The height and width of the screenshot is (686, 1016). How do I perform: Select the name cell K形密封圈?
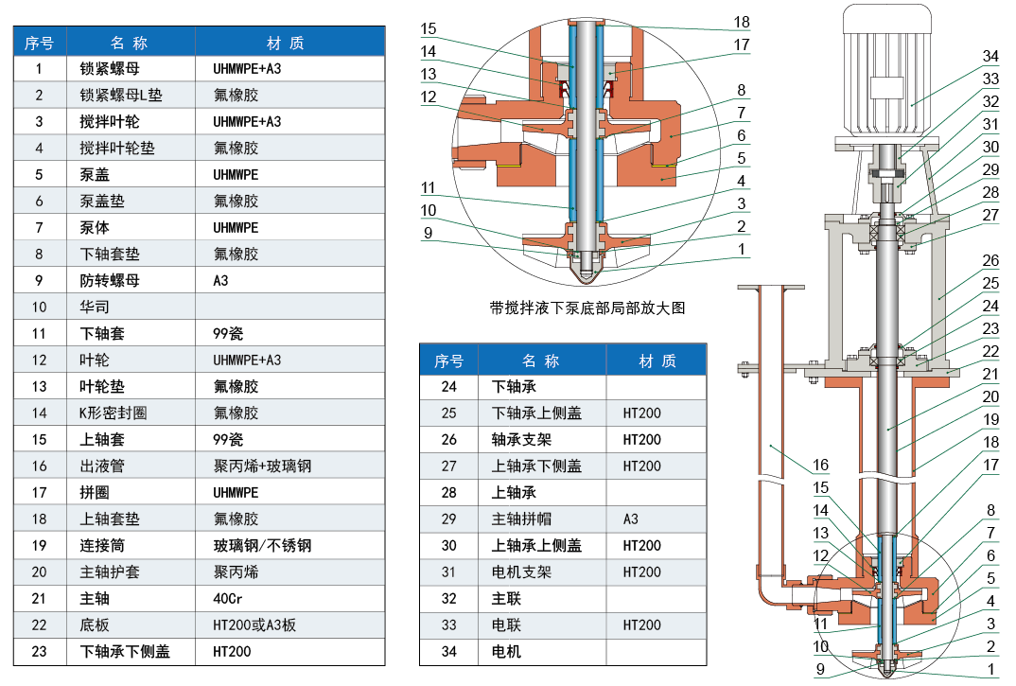114,413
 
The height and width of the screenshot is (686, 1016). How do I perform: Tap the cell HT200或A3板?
254,624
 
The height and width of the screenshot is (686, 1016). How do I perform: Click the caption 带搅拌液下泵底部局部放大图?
587,308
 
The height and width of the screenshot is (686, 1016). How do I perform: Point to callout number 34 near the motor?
990,56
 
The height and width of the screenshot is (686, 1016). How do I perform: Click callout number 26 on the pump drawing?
990,260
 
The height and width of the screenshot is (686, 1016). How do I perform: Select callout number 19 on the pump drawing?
990,419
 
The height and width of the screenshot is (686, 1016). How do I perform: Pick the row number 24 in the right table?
448,386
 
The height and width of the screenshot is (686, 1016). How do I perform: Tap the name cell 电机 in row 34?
506,651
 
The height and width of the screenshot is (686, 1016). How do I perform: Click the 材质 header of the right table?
657,361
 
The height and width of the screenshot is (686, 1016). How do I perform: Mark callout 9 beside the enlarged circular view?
429,232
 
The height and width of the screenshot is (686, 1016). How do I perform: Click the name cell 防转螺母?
110,280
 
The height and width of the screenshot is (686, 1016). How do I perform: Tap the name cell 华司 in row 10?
95,307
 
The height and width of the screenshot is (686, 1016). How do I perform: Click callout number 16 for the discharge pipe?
819,465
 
